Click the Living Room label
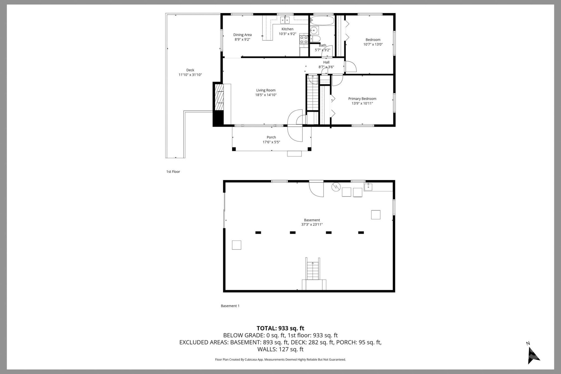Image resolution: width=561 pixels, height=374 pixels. [x=266, y=90]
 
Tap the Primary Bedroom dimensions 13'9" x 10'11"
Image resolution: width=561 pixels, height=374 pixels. [x=362, y=103]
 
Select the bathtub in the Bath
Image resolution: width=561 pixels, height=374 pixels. [x=322, y=21]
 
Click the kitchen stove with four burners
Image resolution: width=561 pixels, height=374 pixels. [x=304, y=40]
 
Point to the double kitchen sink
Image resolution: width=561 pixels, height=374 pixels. [x=285, y=20]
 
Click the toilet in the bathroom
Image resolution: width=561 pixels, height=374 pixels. [x=315, y=39]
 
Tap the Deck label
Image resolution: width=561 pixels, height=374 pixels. [x=190, y=70]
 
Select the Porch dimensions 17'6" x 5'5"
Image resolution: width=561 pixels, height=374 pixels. [x=271, y=142]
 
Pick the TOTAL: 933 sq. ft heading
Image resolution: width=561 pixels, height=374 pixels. [x=280, y=328]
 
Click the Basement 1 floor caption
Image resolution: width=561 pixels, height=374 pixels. [x=230, y=306]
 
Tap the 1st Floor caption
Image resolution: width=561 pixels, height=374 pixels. [x=173, y=172]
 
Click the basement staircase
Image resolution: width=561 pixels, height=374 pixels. [x=313, y=270]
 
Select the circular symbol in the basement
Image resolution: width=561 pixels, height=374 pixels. [x=336, y=187]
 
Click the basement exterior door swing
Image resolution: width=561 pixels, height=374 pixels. [x=316, y=189]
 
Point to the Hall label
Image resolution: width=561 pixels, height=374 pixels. [x=326, y=62]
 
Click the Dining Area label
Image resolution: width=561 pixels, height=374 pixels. [x=242, y=35]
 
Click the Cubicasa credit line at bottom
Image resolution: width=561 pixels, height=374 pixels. [x=280, y=360]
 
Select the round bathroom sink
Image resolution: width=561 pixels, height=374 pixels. [x=314, y=30]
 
